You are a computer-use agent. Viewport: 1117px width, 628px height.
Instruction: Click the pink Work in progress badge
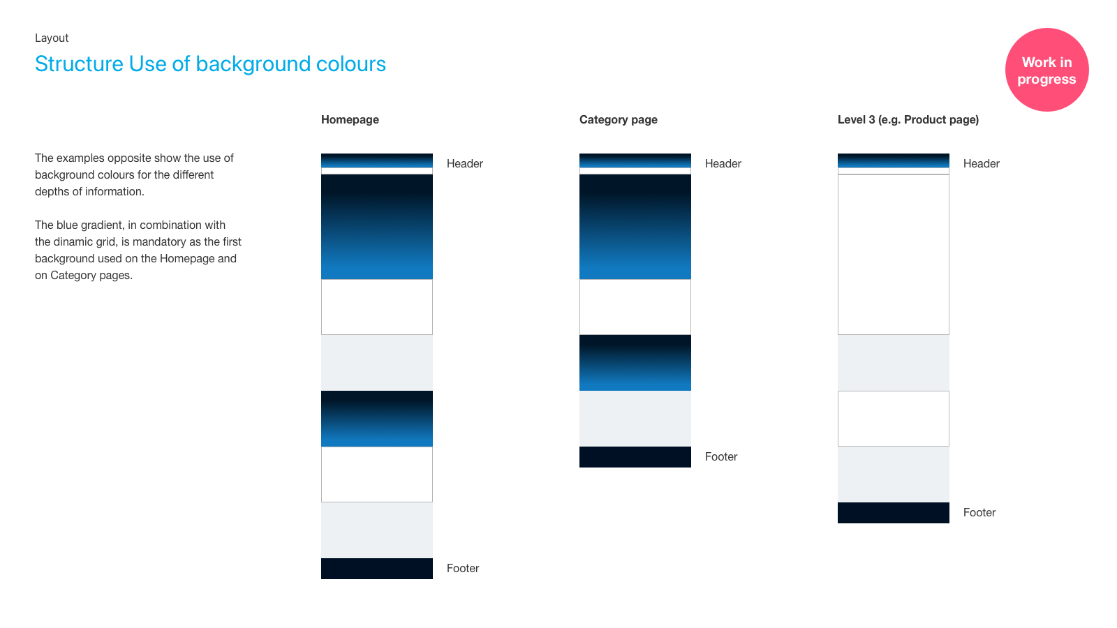pos(1046,70)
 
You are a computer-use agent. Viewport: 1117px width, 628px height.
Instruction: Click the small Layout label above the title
pos(52,38)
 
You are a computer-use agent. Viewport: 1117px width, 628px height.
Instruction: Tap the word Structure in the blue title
pos(79,63)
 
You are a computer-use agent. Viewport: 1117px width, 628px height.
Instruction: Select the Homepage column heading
pos(350,119)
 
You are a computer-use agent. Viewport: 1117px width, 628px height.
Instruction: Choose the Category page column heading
pos(619,119)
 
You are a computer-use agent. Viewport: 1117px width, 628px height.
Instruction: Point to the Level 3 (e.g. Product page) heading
pos(908,119)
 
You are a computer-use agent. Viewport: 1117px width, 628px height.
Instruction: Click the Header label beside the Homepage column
pos(465,163)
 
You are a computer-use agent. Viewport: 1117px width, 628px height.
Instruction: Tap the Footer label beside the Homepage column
pos(463,568)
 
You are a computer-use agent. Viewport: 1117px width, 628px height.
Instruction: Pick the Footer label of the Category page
pos(721,456)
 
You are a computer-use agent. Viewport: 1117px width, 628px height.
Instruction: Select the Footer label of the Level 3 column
pos(979,512)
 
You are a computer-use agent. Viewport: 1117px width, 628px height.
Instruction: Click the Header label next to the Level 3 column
pos(982,163)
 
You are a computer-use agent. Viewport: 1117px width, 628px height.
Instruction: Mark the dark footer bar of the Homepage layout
pos(377,569)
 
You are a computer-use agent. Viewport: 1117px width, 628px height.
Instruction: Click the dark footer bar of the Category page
pos(635,457)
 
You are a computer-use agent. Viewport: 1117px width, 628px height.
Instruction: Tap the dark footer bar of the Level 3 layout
pos(894,513)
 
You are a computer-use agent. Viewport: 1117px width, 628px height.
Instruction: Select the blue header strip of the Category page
pos(635,160)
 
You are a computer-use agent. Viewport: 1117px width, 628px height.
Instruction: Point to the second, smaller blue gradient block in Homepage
pos(377,419)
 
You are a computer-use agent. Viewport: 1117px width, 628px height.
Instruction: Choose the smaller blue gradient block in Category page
pos(635,363)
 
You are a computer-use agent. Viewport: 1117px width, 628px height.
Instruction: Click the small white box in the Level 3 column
pos(894,419)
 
